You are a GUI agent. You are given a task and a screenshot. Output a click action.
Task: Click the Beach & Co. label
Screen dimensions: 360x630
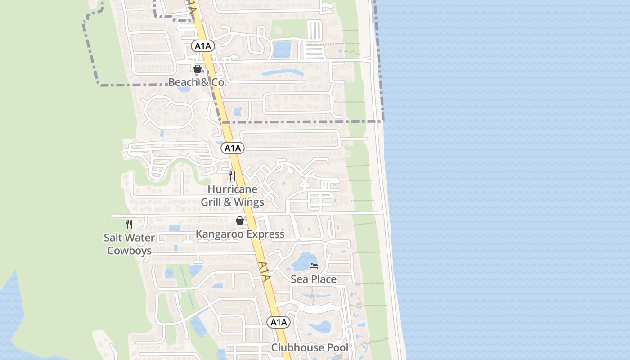(x=197, y=82)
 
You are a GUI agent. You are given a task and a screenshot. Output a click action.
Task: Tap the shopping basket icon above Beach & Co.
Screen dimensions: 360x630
(x=198, y=69)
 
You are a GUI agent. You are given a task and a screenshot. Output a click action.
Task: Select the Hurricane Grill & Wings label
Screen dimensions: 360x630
(x=232, y=196)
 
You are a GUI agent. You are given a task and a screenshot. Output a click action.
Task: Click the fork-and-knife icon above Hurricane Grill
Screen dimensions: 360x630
(x=232, y=175)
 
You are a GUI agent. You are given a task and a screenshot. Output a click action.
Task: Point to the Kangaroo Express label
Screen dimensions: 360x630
(x=240, y=234)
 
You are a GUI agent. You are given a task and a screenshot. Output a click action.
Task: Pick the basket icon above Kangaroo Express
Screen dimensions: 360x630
(x=240, y=220)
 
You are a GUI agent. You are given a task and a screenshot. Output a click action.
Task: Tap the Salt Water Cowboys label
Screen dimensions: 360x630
(x=129, y=244)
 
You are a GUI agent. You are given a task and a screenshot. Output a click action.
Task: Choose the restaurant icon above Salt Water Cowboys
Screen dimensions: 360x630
(x=129, y=224)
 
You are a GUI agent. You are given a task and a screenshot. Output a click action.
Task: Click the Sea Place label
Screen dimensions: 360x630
(x=314, y=279)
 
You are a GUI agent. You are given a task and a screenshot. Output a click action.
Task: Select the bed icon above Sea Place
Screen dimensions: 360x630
(x=314, y=266)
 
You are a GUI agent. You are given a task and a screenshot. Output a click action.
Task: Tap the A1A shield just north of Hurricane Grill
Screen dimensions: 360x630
(x=233, y=148)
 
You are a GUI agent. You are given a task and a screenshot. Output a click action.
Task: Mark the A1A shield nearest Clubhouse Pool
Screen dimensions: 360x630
(x=279, y=322)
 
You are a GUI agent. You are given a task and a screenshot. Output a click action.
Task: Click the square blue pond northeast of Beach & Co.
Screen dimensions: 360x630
(x=282, y=49)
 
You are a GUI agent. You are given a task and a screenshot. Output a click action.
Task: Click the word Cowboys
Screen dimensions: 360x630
(x=129, y=251)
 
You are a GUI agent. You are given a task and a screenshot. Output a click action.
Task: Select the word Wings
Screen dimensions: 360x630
(x=249, y=202)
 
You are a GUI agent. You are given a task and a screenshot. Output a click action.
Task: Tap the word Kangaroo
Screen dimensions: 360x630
(x=220, y=234)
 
